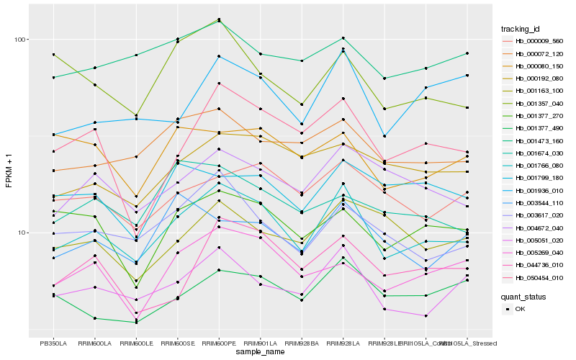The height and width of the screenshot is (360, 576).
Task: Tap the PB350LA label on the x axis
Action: tap(53, 343)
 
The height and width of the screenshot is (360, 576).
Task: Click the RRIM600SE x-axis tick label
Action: tap(177, 343)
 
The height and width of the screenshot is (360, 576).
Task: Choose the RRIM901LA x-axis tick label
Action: tap(260, 343)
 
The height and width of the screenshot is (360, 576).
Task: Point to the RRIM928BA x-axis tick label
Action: tap(302, 343)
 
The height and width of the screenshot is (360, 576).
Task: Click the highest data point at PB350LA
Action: tap(53, 55)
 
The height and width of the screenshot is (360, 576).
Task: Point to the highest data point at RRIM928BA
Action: tap(302, 61)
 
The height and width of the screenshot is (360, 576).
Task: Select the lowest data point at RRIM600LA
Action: tap(94, 318)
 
